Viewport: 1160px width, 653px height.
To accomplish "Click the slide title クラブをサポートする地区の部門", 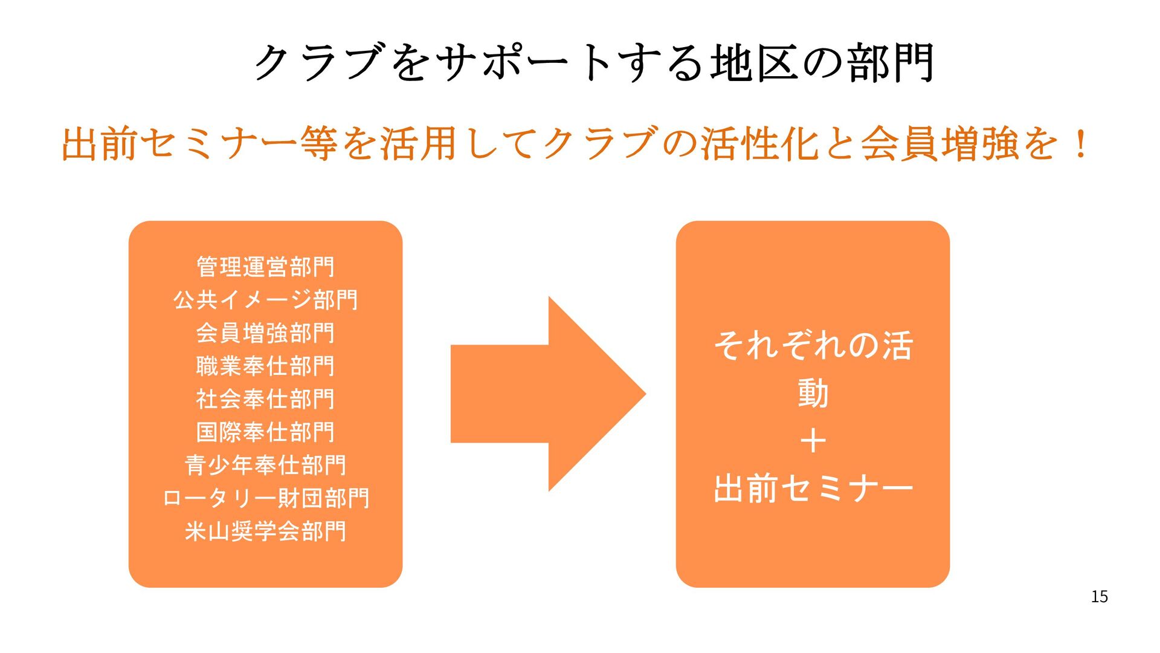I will pyautogui.click(x=594, y=63).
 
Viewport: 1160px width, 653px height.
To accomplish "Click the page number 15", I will pyautogui.click(x=1099, y=597).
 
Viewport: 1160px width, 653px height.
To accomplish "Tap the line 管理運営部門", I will pyautogui.click(x=265, y=267).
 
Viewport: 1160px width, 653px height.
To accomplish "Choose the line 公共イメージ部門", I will pyautogui.click(x=265, y=300).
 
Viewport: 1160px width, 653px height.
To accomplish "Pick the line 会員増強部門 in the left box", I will pyautogui.click(x=265, y=333).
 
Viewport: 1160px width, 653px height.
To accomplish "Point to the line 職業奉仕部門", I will pyautogui.click(x=265, y=366).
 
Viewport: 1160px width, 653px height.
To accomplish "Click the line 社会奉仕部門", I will pyautogui.click(x=265, y=399).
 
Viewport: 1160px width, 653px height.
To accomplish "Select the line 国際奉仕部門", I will pyautogui.click(x=265, y=432).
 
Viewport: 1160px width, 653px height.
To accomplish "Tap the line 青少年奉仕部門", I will pyautogui.click(x=265, y=465).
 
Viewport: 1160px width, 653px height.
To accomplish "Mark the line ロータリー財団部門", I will pyautogui.click(x=265, y=498).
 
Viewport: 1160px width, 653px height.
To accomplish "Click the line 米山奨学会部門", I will pyautogui.click(x=265, y=531).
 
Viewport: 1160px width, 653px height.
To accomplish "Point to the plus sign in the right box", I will pyautogui.click(x=813, y=441).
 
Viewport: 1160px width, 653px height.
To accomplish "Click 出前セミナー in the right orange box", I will pyautogui.click(x=813, y=489).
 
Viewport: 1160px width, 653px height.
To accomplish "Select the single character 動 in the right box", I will pyautogui.click(x=813, y=393).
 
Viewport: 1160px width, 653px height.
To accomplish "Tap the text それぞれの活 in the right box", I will pyautogui.click(x=813, y=345).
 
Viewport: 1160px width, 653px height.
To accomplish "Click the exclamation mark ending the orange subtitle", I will pyautogui.click(x=1080, y=144).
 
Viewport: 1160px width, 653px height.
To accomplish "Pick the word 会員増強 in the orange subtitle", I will pyautogui.click(x=938, y=144).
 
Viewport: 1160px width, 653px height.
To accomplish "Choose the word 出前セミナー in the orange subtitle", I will pyautogui.click(x=179, y=144).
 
